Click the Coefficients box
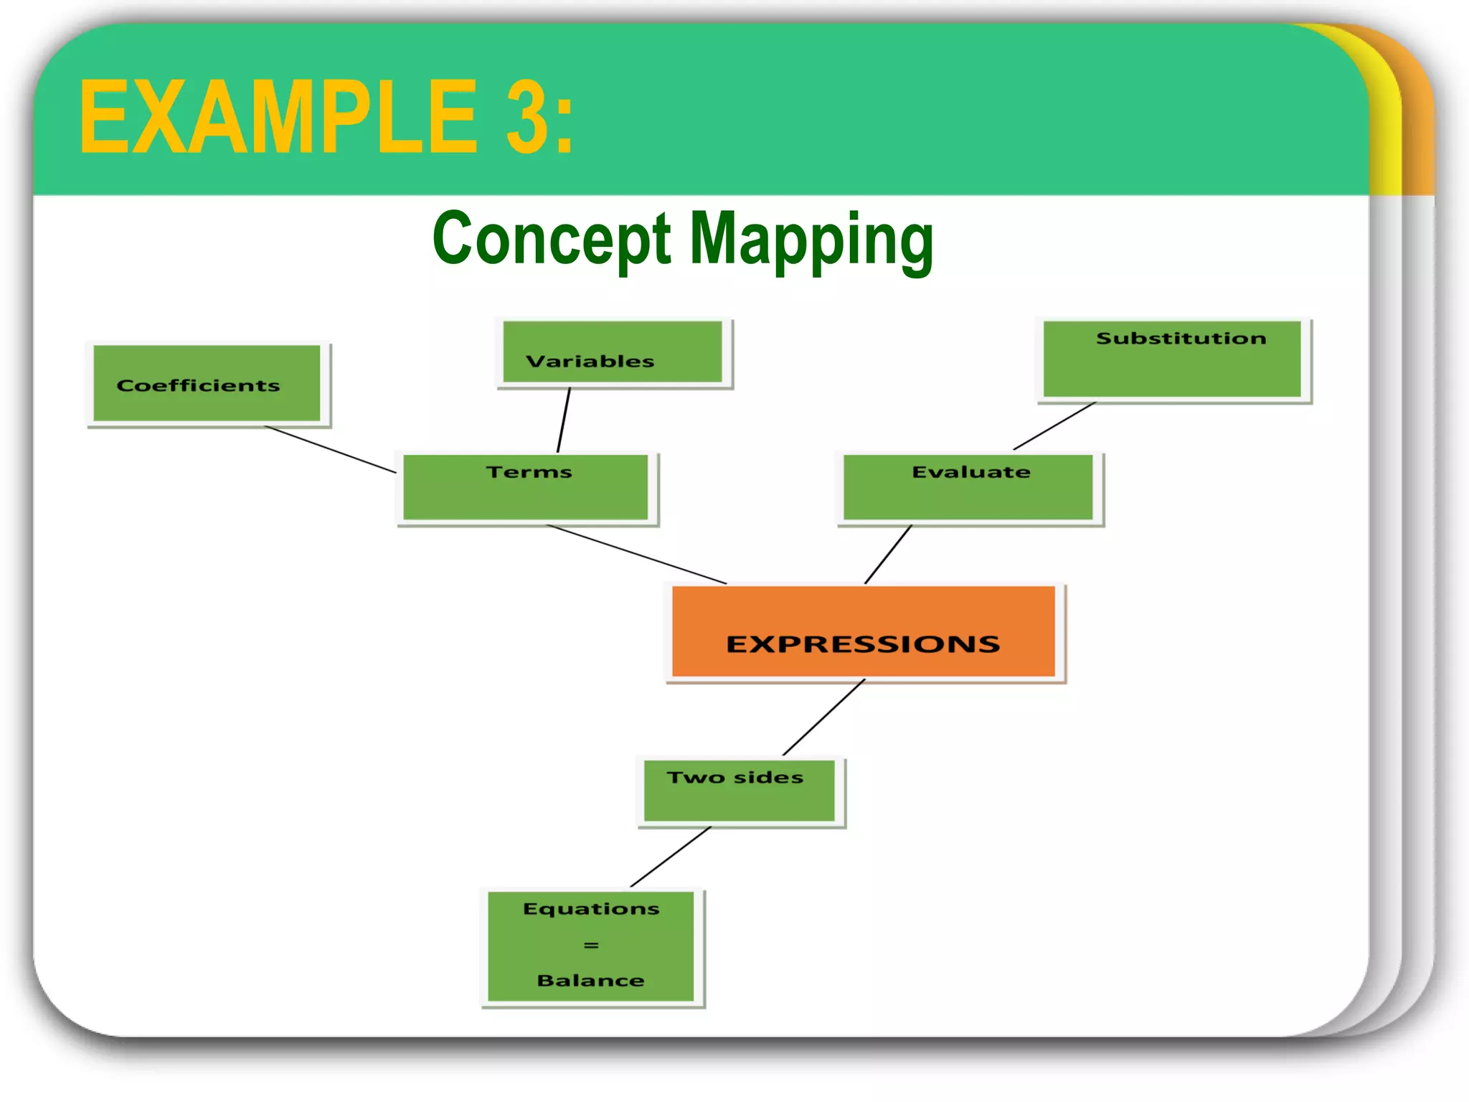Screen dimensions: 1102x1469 coord(207,383)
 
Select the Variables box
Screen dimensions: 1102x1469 coord(613,352)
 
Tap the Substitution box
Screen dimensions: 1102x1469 coord(1172,359)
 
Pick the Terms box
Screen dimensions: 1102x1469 coord(526,487)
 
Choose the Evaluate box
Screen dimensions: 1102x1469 coord(968,487)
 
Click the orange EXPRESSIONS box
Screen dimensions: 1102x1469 coord(864,632)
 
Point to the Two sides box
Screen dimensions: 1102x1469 coord(740,791)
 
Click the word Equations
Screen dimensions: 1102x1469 coord(591,909)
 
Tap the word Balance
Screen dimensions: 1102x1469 coord(591,981)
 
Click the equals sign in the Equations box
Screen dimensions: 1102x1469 coord(591,946)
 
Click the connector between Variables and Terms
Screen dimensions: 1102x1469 coord(564,420)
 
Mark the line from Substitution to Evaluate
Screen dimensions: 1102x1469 coord(1054,426)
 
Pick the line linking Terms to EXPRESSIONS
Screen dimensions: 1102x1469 coord(637,555)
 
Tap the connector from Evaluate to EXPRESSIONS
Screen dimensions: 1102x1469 coord(888,555)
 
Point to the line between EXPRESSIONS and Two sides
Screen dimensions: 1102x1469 coord(823,717)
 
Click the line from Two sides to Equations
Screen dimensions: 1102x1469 coord(671,857)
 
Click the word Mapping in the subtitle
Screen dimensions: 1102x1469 coord(811,240)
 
